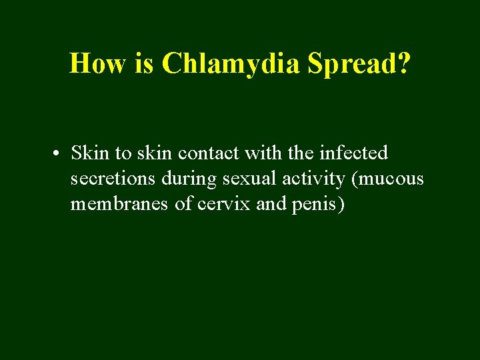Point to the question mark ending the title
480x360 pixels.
pos(404,63)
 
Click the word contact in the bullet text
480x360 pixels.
pos(205,153)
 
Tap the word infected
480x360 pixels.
pos(353,153)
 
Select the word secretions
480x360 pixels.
pos(110,179)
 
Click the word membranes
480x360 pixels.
pos(119,204)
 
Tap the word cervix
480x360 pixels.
pos(224,204)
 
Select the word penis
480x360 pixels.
pos(314,204)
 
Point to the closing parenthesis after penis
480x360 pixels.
pos(341,204)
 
